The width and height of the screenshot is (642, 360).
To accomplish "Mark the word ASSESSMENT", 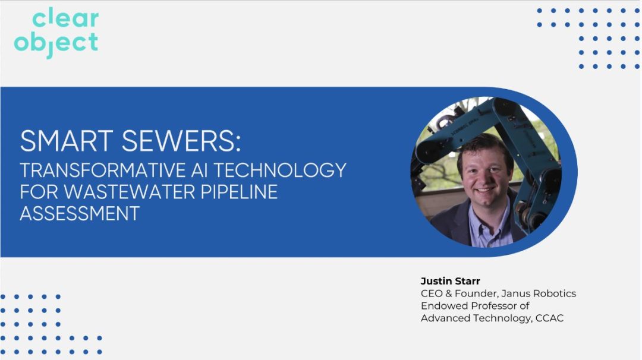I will [80, 213].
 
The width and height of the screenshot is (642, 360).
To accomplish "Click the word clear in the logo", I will [65, 20].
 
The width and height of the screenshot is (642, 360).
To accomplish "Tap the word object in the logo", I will [56, 43].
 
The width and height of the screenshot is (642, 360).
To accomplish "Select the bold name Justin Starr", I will [450, 281].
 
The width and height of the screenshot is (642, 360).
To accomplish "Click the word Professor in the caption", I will [491, 306].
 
